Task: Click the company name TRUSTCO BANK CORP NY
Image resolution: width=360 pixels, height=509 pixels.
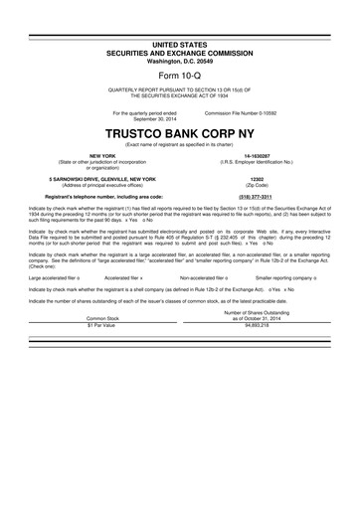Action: [180, 132]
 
